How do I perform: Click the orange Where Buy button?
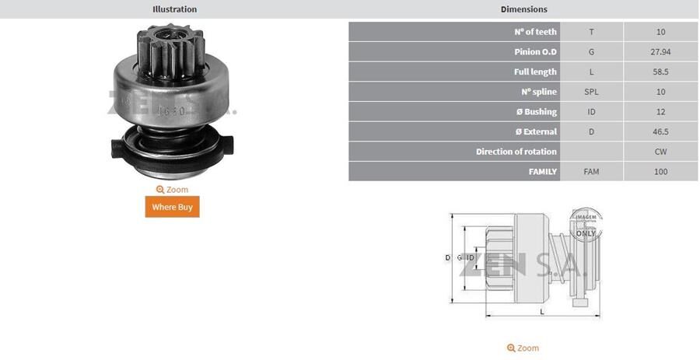pyautogui.click(x=172, y=207)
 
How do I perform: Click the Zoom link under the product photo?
pyautogui.click(x=172, y=190)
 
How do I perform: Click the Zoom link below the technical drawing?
pyautogui.click(x=523, y=348)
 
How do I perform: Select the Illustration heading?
pyautogui.click(x=174, y=9)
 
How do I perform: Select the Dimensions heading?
pyautogui.click(x=523, y=9)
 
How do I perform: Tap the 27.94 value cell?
pyautogui.click(x=660, y=52)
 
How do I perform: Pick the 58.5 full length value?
pyautogui.click(x=660, y=72)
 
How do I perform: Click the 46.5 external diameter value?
pyautogui.click(x=660, y=132)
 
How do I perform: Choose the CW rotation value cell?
pyautogui.click(x=660, y=152)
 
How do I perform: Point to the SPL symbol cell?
pyautogui.click(x=591, y=92)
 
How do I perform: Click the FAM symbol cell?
pyautogui.click(x=591, y=172)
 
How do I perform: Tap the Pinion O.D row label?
pyautogui.click(x=535, y=52)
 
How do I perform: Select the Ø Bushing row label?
pyautogui.click(x=535, y=112)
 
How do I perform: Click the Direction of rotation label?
pyautogui.click(x=516, y=152)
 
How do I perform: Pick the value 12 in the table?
pyautogui.click(x=660, y=112)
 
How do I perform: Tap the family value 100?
pyautogui.click(x=660, y=172)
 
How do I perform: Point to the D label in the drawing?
pyautogui.click(x=447, y=257)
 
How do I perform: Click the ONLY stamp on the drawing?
pyautogui.click(x=586, y=232)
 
